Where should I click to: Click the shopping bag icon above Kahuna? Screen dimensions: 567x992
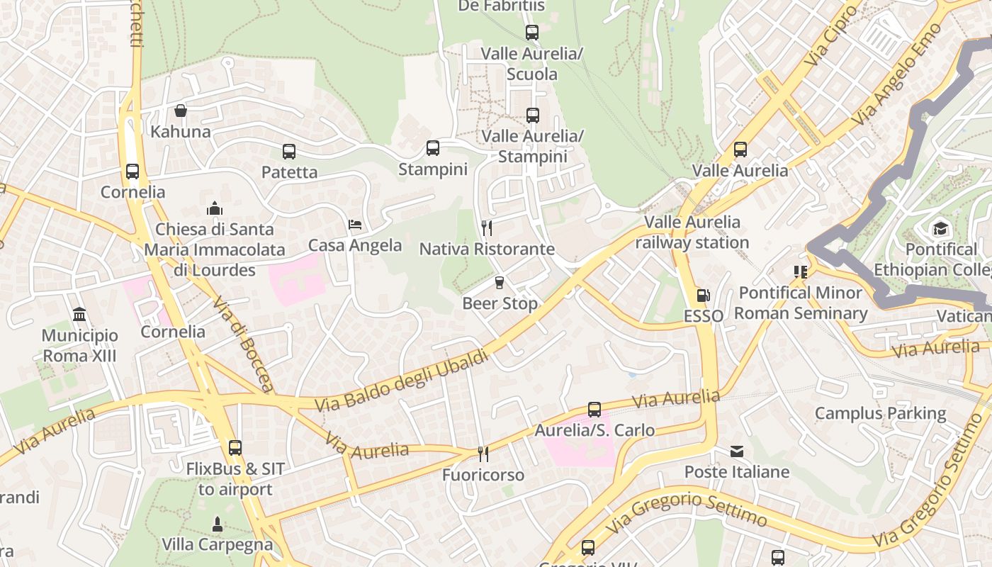coord(181,111)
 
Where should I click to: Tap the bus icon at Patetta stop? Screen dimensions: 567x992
coord(289,151)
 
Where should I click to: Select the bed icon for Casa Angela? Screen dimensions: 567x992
coord(355,225)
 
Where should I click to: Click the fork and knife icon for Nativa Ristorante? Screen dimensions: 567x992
coord(487,228)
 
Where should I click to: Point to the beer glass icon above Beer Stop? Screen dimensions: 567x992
coord(500,283)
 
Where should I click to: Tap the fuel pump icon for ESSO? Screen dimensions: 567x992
coord(703,295)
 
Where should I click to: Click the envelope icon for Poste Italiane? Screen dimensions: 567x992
coord(737,451)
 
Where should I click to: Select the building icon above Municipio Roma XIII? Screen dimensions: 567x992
coord(79,314)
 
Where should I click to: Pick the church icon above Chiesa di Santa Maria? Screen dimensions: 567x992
coord(214,208)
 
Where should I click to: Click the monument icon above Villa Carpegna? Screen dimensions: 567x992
coord(218,524)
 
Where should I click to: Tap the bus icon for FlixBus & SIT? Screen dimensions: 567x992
coord(235,448)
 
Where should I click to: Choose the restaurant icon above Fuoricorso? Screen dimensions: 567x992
coord(483,454)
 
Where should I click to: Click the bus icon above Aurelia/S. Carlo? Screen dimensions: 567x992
coord(594,410)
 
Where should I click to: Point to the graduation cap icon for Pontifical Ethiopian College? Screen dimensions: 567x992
coord(940,228)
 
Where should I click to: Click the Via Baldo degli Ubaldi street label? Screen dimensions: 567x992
coord(402,381)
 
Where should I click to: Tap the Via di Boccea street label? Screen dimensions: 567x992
coord(242,343)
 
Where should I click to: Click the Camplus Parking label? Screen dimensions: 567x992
coord(880,413)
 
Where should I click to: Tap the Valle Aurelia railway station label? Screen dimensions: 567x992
coord(692,232)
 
